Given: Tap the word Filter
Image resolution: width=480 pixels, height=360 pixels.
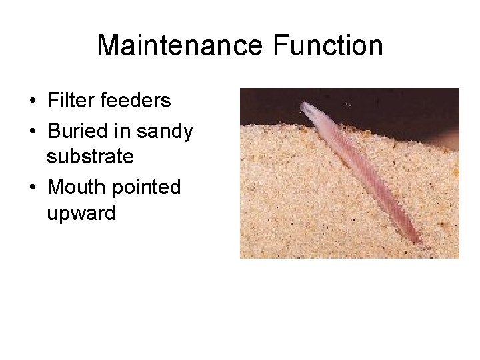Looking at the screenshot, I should pos(66,101).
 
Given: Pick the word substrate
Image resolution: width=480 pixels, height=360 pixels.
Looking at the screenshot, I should pos(91,157).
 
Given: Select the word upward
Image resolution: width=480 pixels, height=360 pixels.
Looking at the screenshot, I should pos(81,214).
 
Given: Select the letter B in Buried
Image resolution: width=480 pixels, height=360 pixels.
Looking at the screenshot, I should pos(54,131).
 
